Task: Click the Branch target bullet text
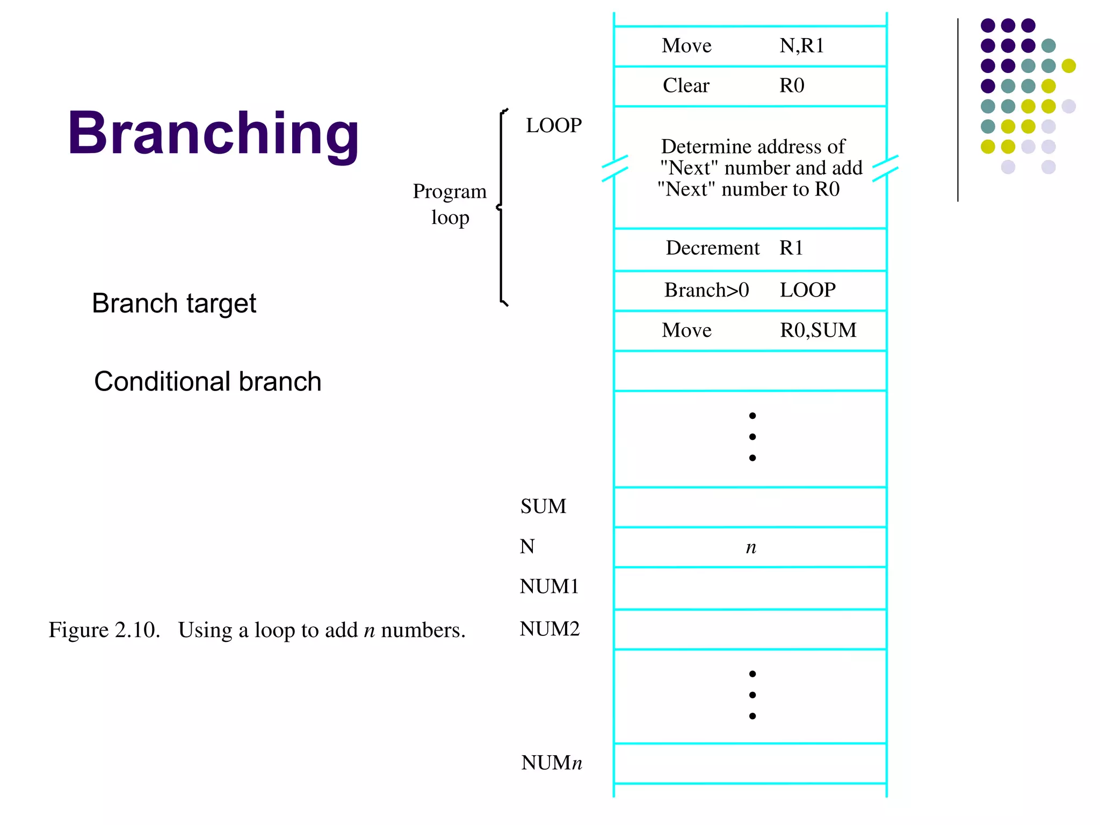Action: pyautogui.click(x=174, y=303)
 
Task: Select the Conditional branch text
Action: pyautogui.click(x=207, y=382)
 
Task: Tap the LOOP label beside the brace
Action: pyautogui.click(x=554, y=126)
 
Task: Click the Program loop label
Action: pyautogui.click(x=450, y=204)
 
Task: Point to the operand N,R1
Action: pyautogui.click(x=801, y=46)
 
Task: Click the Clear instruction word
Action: pyautogui.click(x=686, y=86)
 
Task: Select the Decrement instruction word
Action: pyautogui.click(x=712, y=248)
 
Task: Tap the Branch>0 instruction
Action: pyautogui.click(x=706, y=290)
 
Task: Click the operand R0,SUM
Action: pyautogui.click(x=818, y=330)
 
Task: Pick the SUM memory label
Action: pyautogui.click(x=543, y=506)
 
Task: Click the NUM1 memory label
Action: pyautogui.click(x=549, y=587)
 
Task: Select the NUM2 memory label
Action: pyautogui.click(x=549, y=629)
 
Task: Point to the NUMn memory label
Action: pyautogui.click(x=552, y=763)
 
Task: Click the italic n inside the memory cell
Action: pyautogui.click(x=751, y=548)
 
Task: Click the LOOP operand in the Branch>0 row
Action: pyautogui.click(x=808, y=290)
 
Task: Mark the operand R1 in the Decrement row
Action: pyautogui.click(x=791, y=248)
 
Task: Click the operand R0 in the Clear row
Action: pyautogui.click(x=792, y=86)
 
